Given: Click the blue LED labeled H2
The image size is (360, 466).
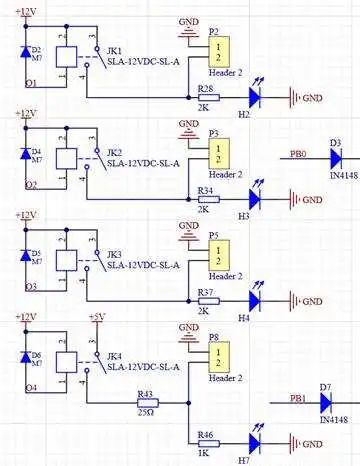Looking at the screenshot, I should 255,98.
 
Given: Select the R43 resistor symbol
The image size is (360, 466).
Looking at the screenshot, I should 147,405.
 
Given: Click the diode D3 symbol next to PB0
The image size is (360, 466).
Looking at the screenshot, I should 335,158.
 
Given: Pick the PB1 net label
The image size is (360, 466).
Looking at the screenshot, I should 298,398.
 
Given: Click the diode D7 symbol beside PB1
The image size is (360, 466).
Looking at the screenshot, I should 326,404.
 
